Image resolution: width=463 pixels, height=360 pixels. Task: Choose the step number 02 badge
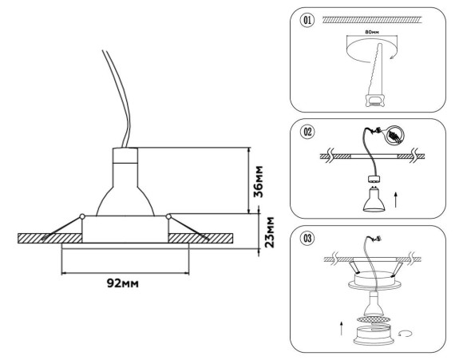point(306,131)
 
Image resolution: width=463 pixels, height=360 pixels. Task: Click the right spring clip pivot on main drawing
point(168,216)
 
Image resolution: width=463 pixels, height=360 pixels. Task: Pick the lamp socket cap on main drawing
point(125,153)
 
